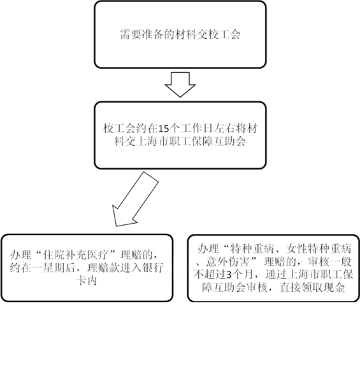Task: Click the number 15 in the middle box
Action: [164, 129]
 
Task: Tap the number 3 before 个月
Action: [229, 275]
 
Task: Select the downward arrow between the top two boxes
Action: [180, 85]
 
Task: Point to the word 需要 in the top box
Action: [131, 34]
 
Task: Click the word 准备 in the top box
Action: [152, 34]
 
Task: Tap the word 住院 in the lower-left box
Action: [54, 255]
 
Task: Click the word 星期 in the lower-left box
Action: [54, 268]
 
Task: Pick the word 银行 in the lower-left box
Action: [153, 268]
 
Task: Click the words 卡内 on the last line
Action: [87, 281]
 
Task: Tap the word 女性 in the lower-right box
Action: [296, 249]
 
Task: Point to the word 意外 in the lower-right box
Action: [217, 262]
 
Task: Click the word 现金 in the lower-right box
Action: [335, 287]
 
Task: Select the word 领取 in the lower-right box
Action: [312, 287]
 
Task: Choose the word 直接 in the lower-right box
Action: [291, 287]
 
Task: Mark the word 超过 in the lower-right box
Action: [215, 275]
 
